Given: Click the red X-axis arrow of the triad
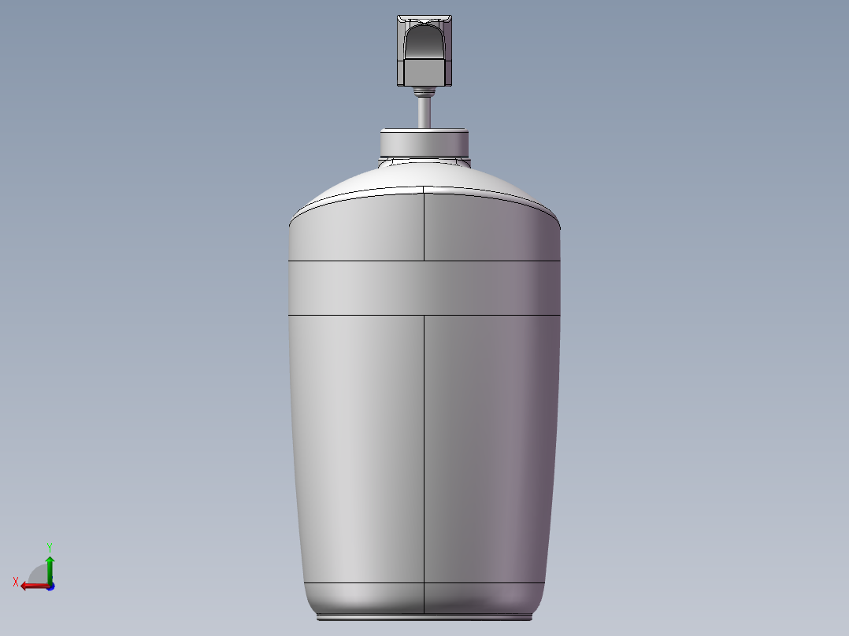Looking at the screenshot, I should (31, 586).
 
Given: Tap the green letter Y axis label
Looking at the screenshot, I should (49, 546).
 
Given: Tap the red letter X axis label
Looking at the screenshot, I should (15, 582).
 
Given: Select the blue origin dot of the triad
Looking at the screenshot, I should (50, 586).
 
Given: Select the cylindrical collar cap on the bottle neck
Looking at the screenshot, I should (424, 143).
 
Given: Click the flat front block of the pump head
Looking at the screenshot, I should (424, 72).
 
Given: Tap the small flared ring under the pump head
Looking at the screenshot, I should (424, 91).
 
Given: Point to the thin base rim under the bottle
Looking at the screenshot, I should (424, 618).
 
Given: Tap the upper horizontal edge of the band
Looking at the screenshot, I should (354, 260).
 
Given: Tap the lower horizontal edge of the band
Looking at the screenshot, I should (354, 315).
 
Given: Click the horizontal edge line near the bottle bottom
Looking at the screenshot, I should (362, 583).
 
